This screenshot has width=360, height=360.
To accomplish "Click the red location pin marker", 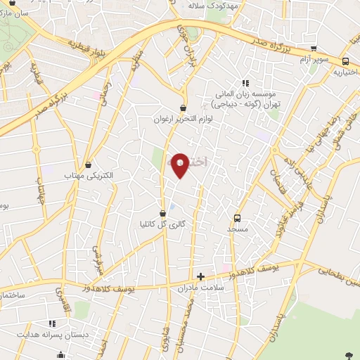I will coord(180,165).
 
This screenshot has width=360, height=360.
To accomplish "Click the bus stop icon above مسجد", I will coord(237,218).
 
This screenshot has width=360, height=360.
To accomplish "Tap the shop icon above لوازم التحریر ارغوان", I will coord(184,108).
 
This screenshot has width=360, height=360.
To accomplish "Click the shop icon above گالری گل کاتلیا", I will coord(162,212).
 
